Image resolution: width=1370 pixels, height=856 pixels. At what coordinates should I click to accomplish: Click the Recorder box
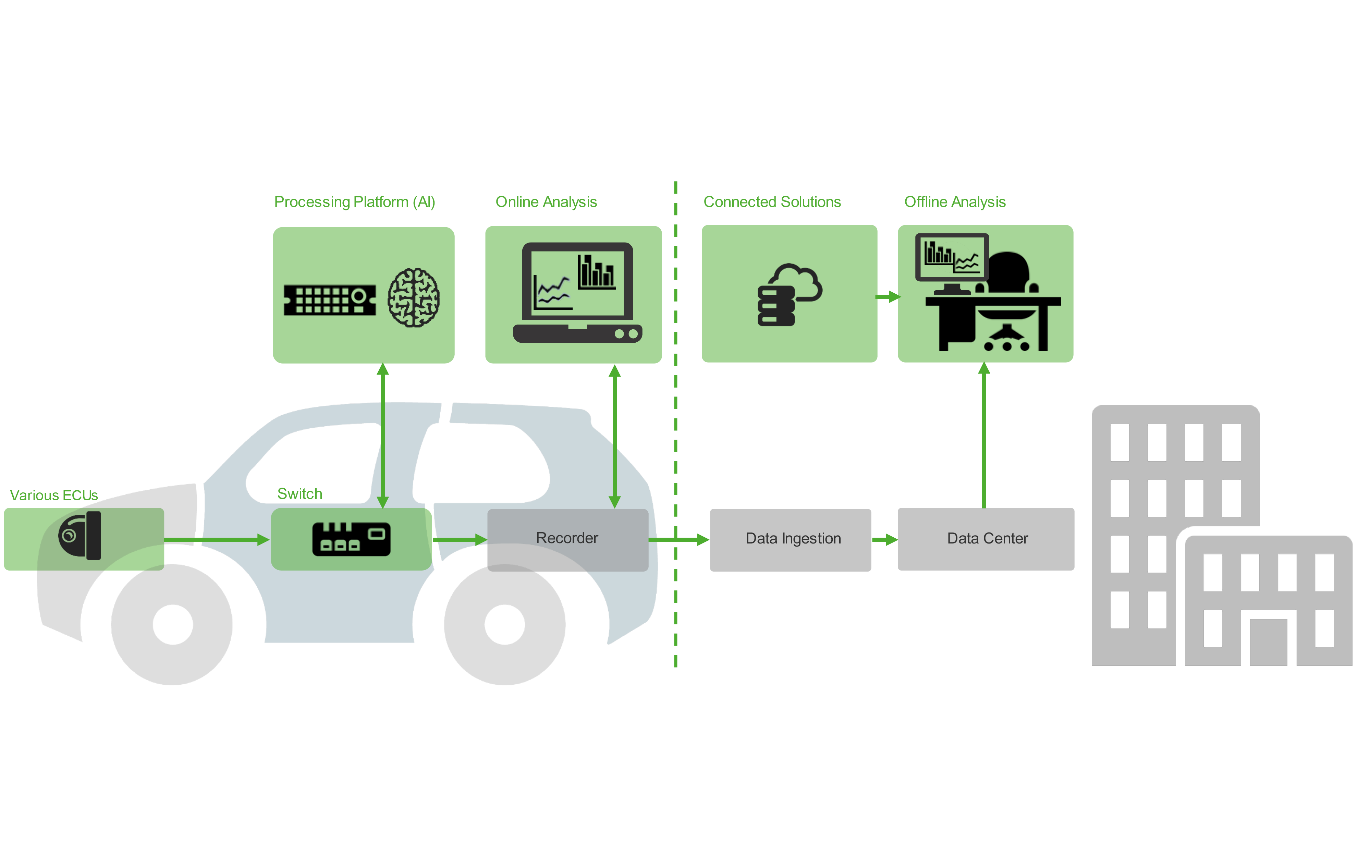tap(567, 539)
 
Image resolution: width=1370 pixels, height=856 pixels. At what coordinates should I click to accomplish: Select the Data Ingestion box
tap(790, 539)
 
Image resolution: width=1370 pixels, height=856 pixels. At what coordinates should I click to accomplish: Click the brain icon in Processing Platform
tap(413, 298)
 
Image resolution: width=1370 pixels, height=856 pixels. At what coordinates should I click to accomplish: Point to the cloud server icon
tap(788, 294)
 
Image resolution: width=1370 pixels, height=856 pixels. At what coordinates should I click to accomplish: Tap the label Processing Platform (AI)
tap(354, 202)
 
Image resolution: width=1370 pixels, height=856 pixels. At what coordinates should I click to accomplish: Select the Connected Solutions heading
tap(772, 202)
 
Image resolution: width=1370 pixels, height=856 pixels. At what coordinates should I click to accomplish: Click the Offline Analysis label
tap(954, 202)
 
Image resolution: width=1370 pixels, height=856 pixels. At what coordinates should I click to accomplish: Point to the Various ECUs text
tap(54, 496)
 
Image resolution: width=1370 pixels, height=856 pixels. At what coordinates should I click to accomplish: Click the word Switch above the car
tap(299, 494)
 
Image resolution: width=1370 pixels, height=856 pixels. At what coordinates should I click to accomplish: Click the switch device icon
tap(351, 539)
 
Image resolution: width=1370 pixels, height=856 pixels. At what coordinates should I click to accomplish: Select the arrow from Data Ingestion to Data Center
tap(884, 539)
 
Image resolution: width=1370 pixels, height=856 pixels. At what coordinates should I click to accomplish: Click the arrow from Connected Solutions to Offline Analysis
tap(887, 297)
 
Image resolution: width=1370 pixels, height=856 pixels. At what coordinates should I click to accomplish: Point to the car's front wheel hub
tap(173, 624)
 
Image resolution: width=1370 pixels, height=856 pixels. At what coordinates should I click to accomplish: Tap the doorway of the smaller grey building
tap(1268, 643)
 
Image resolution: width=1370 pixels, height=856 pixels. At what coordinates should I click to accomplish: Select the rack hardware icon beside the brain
tap(330, 300)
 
